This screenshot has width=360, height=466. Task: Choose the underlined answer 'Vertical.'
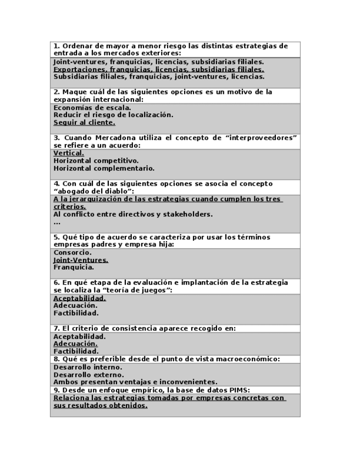click(x=69, y=153)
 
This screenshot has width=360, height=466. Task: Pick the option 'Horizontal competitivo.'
click(x=96, y=161)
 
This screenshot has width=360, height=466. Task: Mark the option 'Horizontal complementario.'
click(x=104, y=169)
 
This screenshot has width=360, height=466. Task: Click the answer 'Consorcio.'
click(x=73, y=253)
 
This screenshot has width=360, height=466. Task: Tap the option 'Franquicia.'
click(x=74, y=268)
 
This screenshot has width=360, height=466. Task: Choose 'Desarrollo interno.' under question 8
click(x=88, y=367)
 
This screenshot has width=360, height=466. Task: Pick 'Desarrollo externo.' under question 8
click(x=88, y=375)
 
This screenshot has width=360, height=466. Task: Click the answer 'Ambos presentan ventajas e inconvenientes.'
click(x=135, y=382)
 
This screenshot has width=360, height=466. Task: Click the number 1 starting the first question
click(x=56, y=46)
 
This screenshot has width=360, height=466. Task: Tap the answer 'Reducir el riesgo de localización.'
click(x=113, y=115)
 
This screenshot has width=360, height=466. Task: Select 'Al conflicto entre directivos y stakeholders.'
click(x=133, y=214)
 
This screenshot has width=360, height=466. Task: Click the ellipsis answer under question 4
click(x=57, y=222)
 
